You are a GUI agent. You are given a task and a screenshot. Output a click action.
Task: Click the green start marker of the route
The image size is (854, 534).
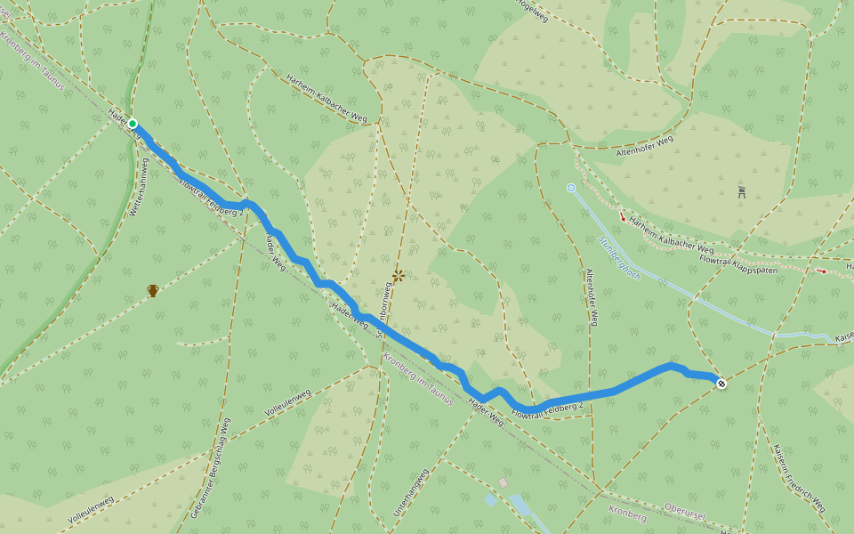pos(133,124)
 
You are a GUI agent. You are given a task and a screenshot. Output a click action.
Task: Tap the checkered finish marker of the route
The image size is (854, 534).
pos(721,384)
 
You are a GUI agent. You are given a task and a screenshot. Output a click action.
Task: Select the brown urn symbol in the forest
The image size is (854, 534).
pos(153,290)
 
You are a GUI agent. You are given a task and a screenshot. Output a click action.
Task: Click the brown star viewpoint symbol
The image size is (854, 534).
pos(399,276)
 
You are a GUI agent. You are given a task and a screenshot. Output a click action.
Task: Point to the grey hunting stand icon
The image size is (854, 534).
pos(742,191)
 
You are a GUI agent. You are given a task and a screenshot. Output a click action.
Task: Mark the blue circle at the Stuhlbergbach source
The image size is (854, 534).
pos(571,188)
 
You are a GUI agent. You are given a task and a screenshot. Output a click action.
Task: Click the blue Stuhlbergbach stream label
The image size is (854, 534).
pos(619,258)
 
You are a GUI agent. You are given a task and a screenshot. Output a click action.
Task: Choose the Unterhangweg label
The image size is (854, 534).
pos(411,492)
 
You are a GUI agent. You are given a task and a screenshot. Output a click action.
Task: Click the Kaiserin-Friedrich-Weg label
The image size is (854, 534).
pos(799,478)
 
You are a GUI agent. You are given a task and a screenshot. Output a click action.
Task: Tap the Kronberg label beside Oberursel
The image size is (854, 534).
pos(628,513)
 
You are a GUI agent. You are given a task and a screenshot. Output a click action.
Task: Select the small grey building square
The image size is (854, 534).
pos(503,482)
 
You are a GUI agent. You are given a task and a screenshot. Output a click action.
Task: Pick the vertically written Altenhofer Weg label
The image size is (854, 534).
pos(592,296)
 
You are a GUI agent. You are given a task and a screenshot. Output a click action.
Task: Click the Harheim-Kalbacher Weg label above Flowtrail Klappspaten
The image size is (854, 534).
pos(671,234)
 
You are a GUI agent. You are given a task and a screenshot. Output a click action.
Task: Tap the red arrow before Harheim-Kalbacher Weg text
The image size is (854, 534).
pos(622,216)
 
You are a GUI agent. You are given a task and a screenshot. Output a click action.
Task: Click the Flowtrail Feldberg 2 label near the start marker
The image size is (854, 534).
pos(211,198)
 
